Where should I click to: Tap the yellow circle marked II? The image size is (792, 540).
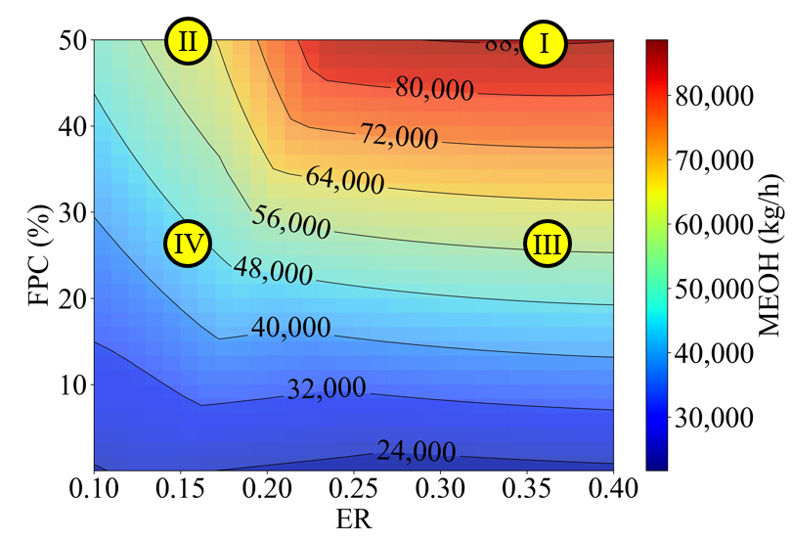point(188,43)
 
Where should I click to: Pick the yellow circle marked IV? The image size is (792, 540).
point(188,244)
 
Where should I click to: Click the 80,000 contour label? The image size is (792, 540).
point(434,90)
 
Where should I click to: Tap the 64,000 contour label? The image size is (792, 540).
point(345,180)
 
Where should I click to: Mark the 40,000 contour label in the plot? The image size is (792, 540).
point(291,328)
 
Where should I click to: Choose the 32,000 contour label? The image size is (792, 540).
point(327,389)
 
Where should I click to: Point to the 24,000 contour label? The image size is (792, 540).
point(416,452)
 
